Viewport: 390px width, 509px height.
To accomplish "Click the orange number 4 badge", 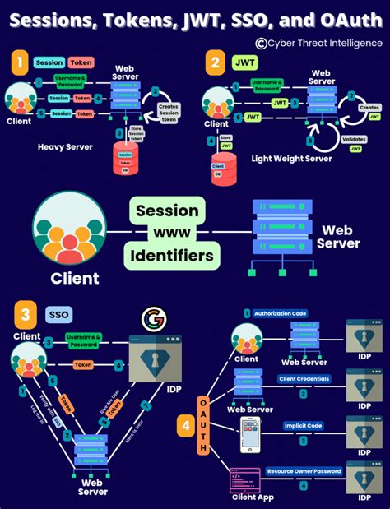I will coord(187,426).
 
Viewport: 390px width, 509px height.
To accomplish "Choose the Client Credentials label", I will coord(304,379).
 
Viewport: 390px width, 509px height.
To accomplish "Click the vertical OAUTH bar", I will coord(203,423).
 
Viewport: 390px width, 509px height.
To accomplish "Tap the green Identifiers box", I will coord(173,257).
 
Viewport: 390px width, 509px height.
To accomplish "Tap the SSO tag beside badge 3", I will coord(58,315).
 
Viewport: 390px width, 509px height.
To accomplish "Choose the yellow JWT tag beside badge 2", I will coord(246,61).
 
